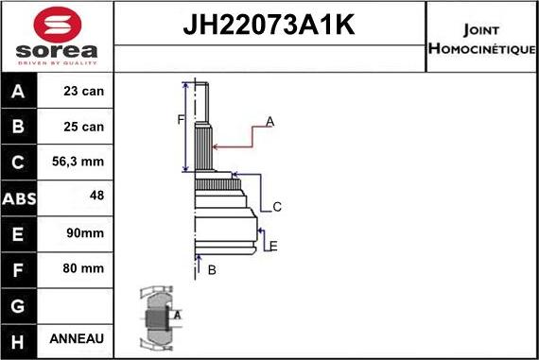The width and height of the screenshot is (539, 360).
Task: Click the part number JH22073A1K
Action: (x=269, y=25)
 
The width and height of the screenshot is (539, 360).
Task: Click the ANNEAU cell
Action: (x=78, y=338)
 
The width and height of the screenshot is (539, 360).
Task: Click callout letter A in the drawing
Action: (x=269, y=121)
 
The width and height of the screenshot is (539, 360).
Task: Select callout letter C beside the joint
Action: (x=277, y=207)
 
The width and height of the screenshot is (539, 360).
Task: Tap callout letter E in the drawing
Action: (x=272, y=247)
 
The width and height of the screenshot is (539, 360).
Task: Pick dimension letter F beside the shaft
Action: (x=181, y=119)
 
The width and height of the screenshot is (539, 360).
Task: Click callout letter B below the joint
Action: (x=212, y=270)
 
